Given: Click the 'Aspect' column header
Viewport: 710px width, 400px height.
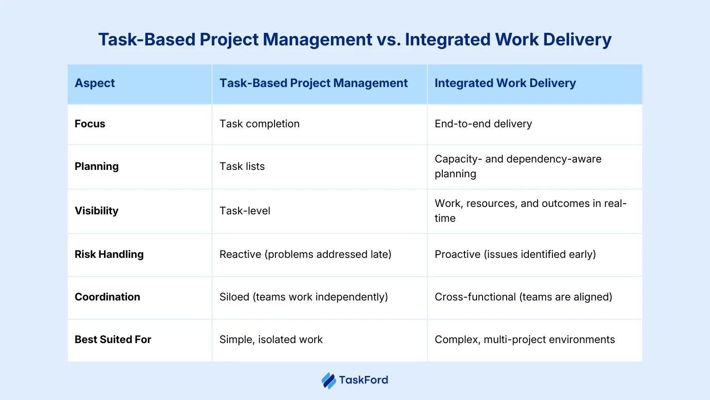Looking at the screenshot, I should point(95,83).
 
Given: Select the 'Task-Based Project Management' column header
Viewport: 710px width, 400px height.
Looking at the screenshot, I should point(313,83).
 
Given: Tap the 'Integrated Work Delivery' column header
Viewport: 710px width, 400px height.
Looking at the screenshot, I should point(505,83).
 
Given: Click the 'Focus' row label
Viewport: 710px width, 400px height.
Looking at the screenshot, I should point(90,124).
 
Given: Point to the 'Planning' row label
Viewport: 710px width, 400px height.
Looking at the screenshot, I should point(97,167).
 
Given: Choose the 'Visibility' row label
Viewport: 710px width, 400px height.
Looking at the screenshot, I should point(97,211).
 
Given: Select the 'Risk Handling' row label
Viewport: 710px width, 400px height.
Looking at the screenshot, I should point(109,255).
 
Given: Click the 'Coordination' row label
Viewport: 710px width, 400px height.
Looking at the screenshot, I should point(107,297).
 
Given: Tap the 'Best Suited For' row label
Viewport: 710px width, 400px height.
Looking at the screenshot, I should point(113,340).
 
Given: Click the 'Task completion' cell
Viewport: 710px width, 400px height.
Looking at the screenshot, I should point(259,124).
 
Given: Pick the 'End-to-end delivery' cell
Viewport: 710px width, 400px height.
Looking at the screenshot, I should point(483,124).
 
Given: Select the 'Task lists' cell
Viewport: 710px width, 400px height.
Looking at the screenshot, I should point(242,167).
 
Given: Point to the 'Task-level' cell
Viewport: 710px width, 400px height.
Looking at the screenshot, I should point(245,211).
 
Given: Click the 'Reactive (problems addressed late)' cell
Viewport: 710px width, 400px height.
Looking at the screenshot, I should point(305,255).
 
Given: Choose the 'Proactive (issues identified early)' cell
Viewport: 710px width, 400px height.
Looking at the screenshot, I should point(515,255).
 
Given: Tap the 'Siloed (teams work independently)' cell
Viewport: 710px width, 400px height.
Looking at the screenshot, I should point(303,297).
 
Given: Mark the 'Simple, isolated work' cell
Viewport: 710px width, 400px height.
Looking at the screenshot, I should point(271,340).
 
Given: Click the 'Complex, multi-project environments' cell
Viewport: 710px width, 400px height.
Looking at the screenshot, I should point(525,340).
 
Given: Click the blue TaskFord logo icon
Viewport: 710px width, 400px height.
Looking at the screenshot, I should point(329,381).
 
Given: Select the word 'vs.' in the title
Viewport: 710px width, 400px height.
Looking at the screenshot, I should point(389,40).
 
